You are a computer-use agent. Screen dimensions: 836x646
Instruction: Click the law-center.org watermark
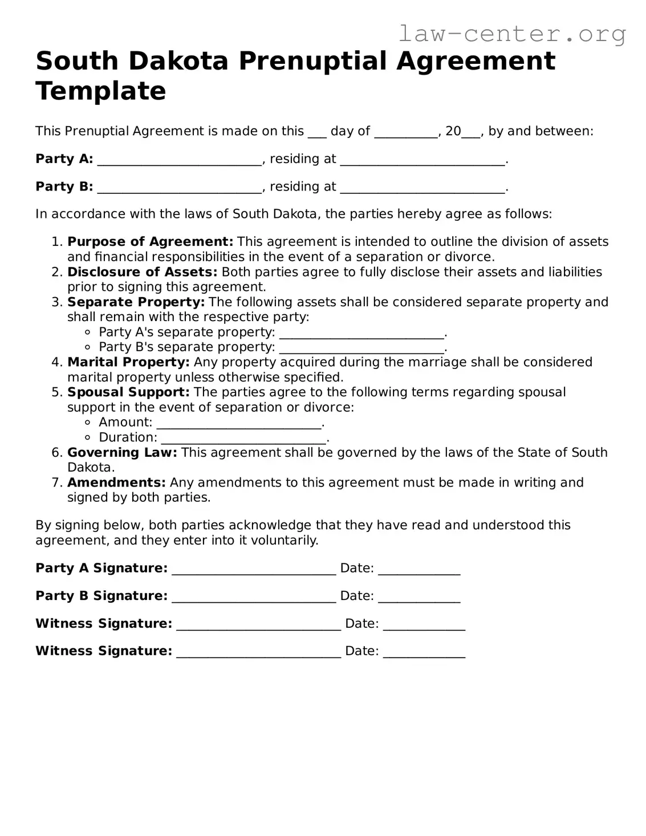[511, 34]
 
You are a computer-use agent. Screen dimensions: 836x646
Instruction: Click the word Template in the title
[101, 91]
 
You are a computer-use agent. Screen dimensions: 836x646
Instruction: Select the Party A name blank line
[179, 161]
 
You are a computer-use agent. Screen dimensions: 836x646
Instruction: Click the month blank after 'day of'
[405, 133]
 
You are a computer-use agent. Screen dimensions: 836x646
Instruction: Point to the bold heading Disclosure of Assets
[142, 272]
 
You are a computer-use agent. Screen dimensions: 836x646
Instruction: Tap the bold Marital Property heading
[128, 362]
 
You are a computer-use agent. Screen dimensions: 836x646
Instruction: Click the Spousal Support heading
[128, 392]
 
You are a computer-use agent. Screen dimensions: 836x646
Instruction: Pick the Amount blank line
[238, 424]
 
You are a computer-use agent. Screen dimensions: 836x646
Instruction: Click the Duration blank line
[243, 439]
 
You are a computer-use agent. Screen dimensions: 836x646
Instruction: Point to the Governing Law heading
[122, 453]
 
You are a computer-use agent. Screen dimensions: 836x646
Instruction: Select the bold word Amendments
[116, 483]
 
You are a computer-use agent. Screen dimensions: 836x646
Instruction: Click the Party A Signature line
[254, 570]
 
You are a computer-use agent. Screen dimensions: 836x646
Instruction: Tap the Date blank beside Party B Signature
[419, 598]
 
